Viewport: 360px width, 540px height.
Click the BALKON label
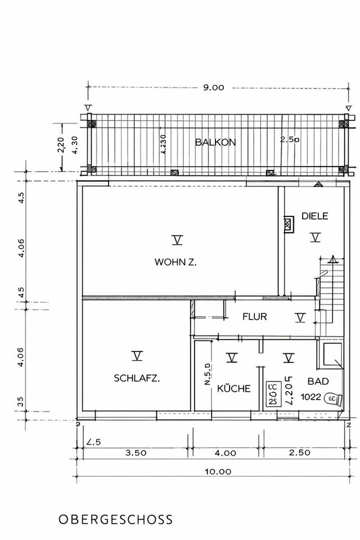(x=215, y=142)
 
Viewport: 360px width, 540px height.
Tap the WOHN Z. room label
(x=175, y=262)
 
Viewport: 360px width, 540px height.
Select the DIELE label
(x=314, y=215)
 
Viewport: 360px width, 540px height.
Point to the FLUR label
(x=254, y=317)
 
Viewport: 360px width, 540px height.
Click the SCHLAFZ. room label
(x=137, y=378)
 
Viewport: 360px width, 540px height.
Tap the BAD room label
(x=318, y=381)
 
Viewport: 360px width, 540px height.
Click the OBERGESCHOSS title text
(x=115, y=519)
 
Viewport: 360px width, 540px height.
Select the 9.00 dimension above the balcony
(x=213, y=88)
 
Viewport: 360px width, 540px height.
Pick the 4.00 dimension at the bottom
(x=225, y=452)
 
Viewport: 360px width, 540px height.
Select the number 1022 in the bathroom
(x=310, y=397)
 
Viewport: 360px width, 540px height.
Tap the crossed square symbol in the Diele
(x=289, y=224)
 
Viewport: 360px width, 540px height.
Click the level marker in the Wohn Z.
(x=178, y=241)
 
